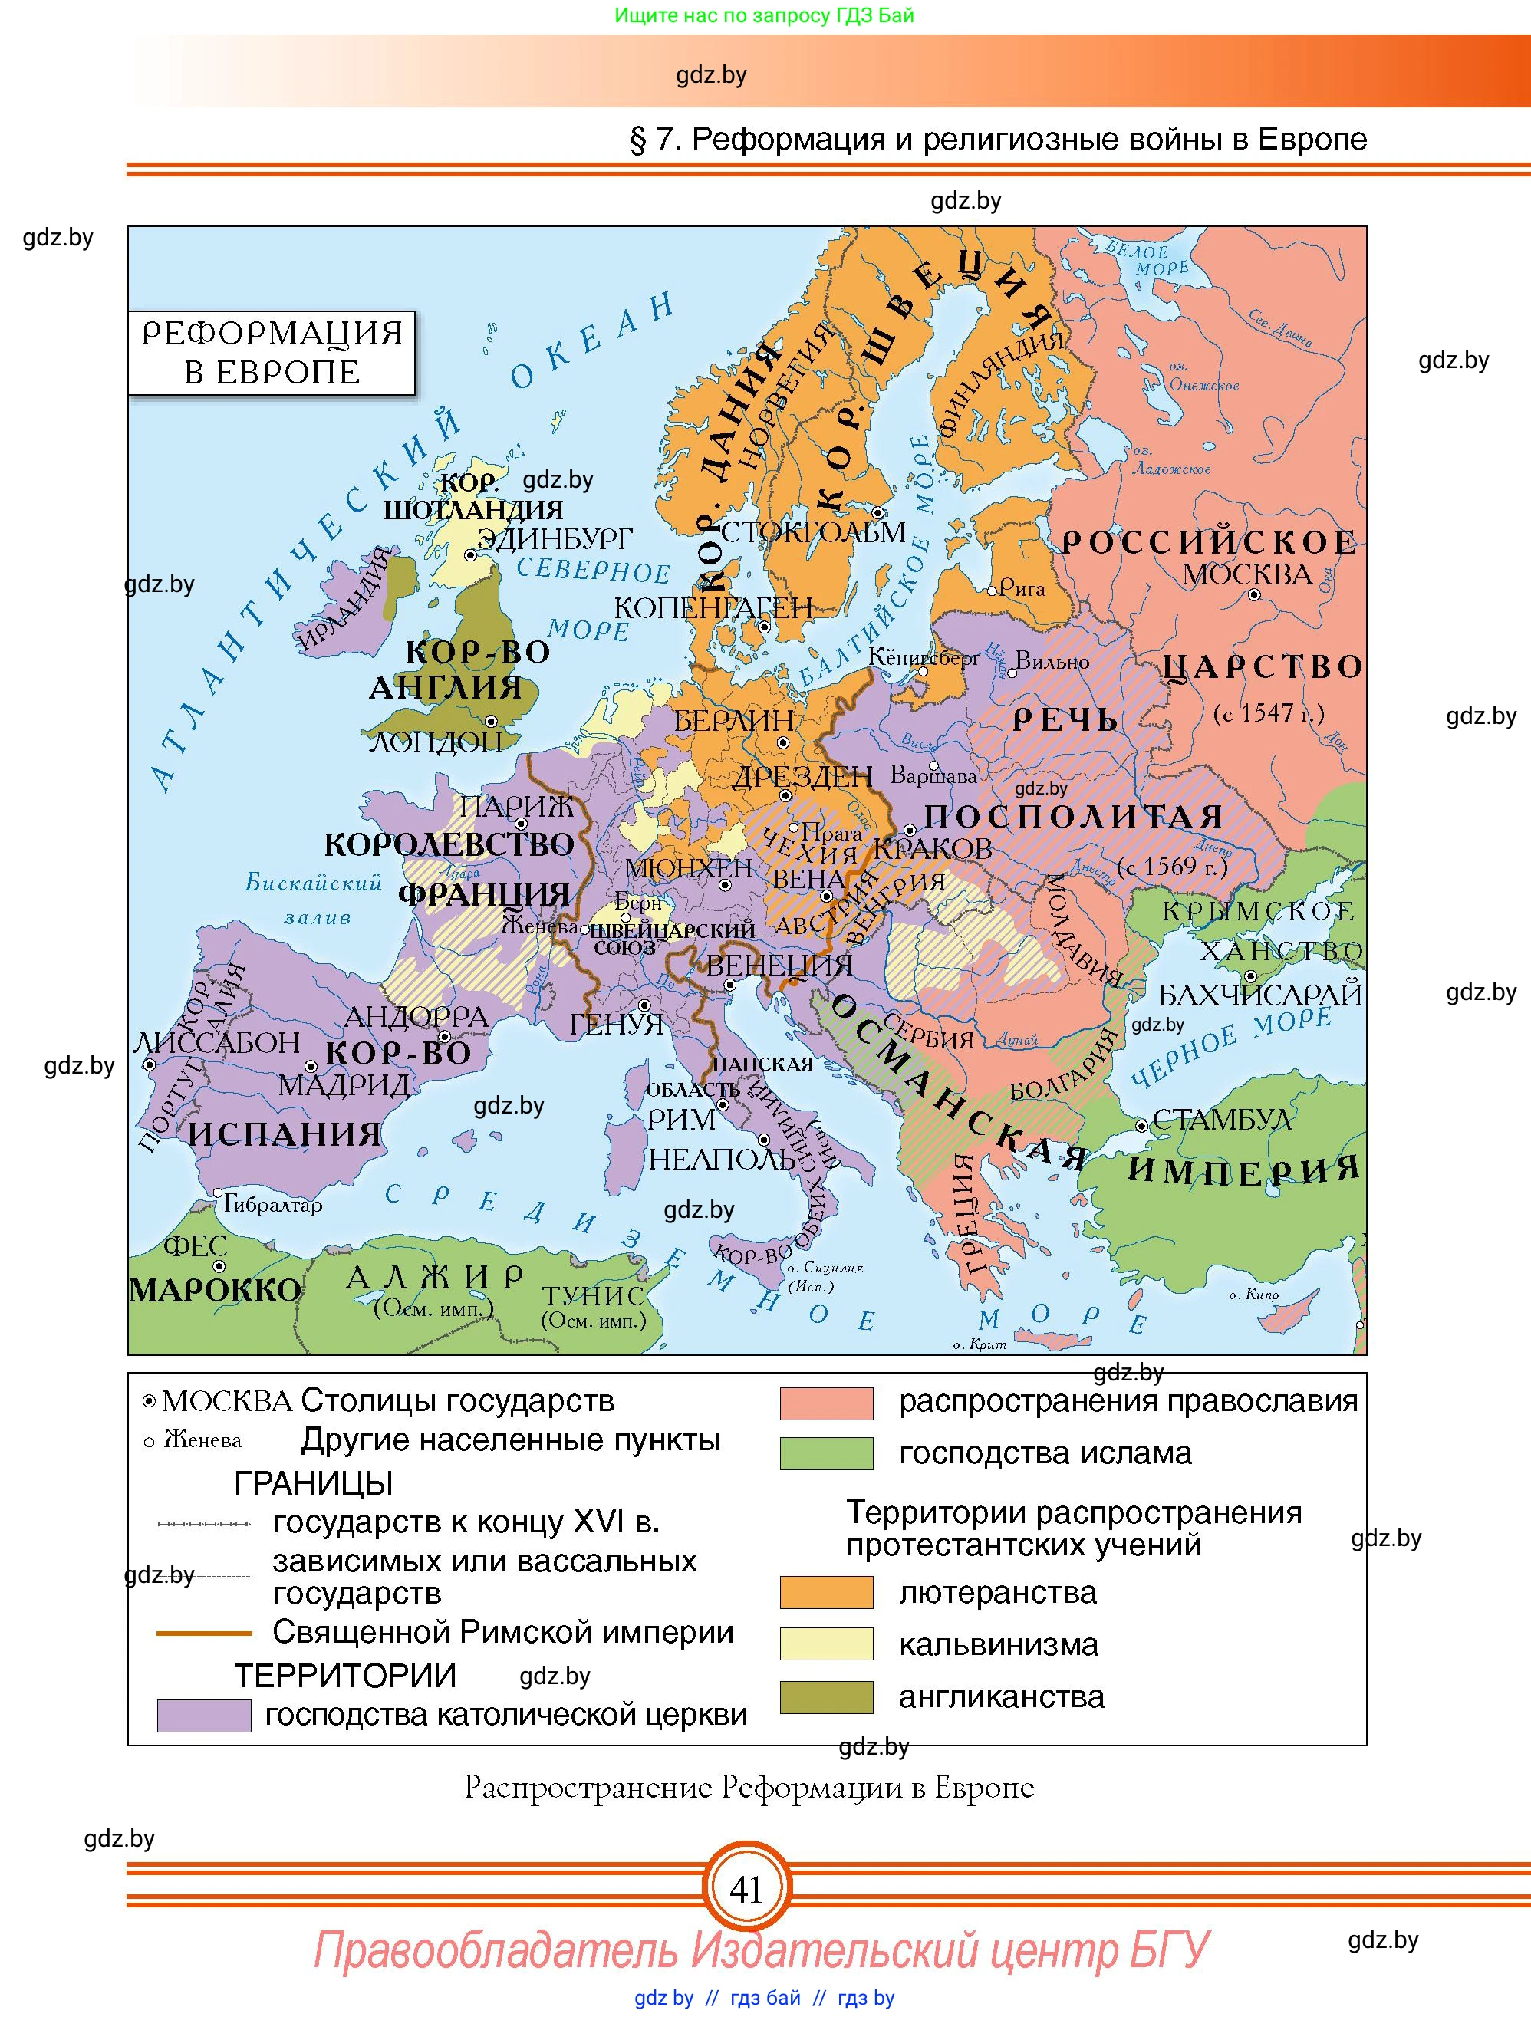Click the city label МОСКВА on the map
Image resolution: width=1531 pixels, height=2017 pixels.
[x=1246, y=574]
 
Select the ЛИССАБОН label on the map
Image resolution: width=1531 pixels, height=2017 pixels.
[x=218, y=1042]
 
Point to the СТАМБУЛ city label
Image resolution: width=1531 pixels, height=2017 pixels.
[x=1222, y=1119]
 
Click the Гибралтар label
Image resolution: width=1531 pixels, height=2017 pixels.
[x=272, y=1205]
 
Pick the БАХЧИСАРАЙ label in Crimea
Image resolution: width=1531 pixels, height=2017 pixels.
[x=1259, y=995]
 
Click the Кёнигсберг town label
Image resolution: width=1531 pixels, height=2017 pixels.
[x=924, y=656]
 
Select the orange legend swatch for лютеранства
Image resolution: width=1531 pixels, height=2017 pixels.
[x=826, y=1592]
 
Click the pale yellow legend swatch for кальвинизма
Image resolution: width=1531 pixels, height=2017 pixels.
[x=826, y=1644]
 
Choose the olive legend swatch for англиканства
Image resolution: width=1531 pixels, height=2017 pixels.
[x=826, y=1697]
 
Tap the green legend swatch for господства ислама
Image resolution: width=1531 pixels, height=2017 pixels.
[x=826, y=1453]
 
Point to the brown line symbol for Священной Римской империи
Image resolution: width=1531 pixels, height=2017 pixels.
[x=203, y=1633]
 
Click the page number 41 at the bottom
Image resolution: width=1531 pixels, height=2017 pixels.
[x=746, y=1890]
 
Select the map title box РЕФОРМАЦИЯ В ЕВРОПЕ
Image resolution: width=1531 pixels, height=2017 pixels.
[x=272, y=353]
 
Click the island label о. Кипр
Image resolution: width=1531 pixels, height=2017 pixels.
[x=1254, y=1295]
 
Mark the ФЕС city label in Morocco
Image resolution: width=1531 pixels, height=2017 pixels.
[x=194, y=1245]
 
